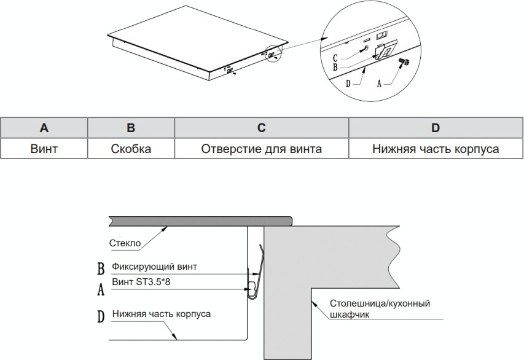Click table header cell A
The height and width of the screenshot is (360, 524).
pos(44,128)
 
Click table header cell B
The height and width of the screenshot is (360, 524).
pos(131,128)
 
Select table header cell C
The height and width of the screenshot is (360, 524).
pos(261,128)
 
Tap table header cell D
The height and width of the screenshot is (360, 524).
pos(436,128)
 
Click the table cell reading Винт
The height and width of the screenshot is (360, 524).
pos(44,149)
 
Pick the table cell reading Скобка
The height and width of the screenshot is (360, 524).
pos(131,149)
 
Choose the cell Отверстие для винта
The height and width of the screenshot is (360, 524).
pos(261,149)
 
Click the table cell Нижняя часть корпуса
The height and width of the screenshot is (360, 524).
pos(436,149)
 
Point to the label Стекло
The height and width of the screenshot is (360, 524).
pos(125,243)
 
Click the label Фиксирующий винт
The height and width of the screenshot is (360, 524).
pos(157,267)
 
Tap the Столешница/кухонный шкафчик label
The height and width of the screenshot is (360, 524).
pos(379,309)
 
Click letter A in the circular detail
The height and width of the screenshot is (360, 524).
pos(378,84)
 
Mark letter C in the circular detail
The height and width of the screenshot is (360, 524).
pos(335,57)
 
